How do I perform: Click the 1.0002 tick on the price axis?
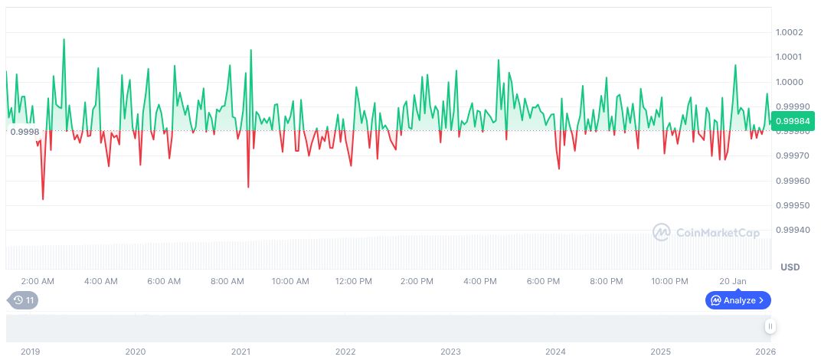click(790, 32)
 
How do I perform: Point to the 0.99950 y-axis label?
click(791, 206)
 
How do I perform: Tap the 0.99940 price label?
click(791, 231)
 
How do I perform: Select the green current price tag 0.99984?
click(794, 120)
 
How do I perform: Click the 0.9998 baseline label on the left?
click(24, 132)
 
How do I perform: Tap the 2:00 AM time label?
click(38, 281)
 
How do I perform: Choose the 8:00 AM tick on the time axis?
click(227, 281)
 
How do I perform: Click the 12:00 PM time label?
click(354, 281)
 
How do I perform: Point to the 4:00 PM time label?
click(480, 281)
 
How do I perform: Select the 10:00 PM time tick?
click(670, 281)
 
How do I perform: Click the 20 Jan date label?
click(733, 281)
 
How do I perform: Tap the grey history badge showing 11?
click(23, 300)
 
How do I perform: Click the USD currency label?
click(790, 267)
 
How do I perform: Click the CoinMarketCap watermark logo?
click(706, 232)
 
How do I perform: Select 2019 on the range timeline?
click(30, 352)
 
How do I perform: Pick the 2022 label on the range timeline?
click(345, 352)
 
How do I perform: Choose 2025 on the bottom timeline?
click(660, 352)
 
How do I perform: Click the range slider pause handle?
click(770, 326)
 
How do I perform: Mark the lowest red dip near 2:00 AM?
click(43, 199)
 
